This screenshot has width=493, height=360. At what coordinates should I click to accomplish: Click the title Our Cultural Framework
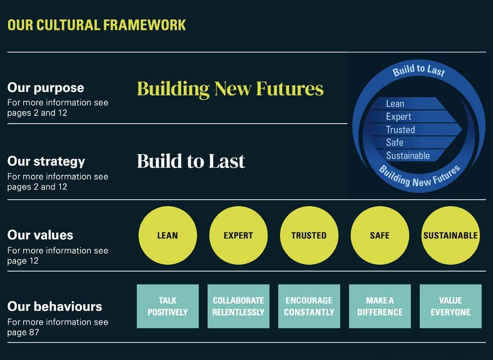[97, 24]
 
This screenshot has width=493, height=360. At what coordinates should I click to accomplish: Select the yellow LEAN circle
[167, 235]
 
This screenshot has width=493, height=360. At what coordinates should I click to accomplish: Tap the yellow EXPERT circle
[238, 235]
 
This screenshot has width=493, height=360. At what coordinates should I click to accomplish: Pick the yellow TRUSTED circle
[309, 235]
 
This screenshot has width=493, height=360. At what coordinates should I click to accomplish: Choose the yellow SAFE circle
[380, 235]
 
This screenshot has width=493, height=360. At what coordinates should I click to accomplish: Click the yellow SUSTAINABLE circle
[451, 235]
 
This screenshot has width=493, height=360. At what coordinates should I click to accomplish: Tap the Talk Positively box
[167, 306]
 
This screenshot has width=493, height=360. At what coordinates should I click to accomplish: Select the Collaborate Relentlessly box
[238, 306]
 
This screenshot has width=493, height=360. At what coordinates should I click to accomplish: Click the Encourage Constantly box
[309, 306]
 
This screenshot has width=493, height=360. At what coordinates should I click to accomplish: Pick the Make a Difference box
[380, 306]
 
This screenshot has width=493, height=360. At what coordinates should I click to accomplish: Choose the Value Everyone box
[451, 306]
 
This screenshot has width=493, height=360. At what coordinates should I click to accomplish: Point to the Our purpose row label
[45, 88]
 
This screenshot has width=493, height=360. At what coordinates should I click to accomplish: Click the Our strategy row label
[46, 161]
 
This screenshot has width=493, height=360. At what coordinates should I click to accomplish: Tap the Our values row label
[40, 235]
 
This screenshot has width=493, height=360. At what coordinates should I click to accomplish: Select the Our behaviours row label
[55, 306]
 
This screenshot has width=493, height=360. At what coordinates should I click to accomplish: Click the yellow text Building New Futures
[230, 88]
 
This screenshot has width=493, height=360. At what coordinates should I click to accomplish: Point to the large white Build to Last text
[191, 161]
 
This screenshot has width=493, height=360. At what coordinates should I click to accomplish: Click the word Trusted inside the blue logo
[400, 129]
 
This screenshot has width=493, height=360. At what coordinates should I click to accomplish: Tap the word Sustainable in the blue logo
[408, 155]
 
